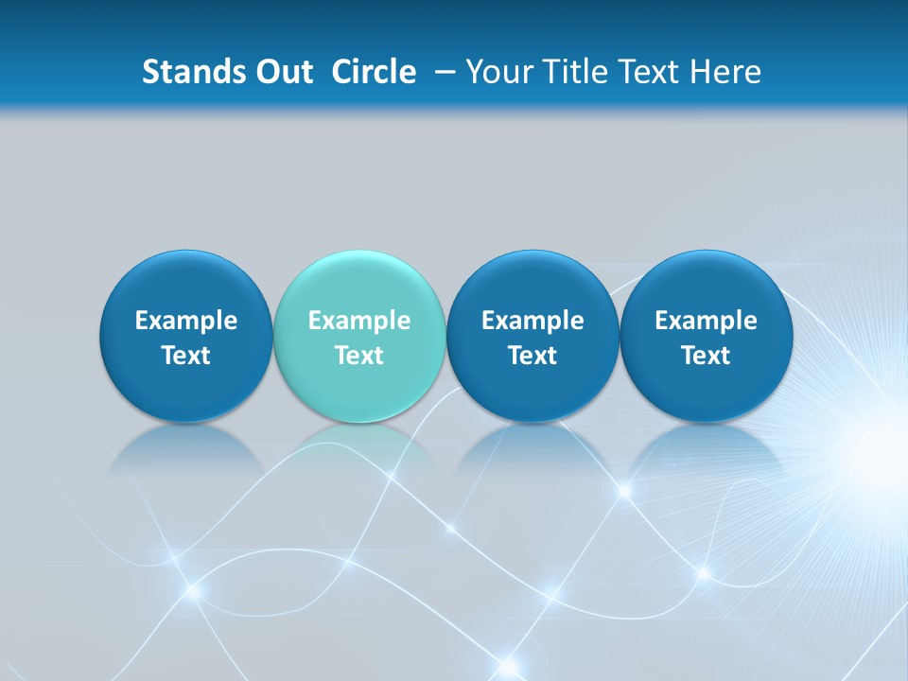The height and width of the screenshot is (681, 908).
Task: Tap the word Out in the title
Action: [282, 72]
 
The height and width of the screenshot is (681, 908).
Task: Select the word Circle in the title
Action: [374, 72]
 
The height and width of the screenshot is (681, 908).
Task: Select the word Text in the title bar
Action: [651, 72]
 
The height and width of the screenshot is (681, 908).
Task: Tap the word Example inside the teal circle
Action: [359, 321]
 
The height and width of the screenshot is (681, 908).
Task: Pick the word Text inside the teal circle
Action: [359, 356]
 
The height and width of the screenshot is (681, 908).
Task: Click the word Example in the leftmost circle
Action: [186, 321]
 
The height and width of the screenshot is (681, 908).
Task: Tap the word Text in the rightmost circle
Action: [706, 356]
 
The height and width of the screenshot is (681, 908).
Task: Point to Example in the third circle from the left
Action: [533, 321]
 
